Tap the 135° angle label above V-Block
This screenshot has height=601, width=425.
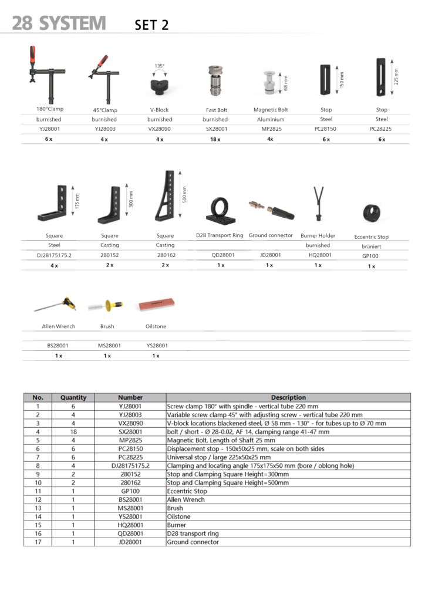pyautogui.click(x=159, y=66)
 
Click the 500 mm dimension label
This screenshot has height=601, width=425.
pyautogui.click(x=184, y=194)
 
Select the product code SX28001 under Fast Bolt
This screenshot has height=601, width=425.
pyautogui.click(x=215, y=129)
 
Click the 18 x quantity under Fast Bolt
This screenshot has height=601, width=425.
pyautogui.click(x=215, y=139)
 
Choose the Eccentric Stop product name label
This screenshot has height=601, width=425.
pyautogui.click(x=371, y=237)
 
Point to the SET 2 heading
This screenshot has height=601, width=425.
pyautogui.click(x=151, y=25)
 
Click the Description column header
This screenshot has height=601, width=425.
pyautogui.click(x=288, y=397)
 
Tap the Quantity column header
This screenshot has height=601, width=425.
pyautogui.click(x=73, y=397)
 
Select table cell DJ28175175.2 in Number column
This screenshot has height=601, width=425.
pyautogui.click(x=130, y=465)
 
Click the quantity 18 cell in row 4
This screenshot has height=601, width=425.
pyautogui.click(x=73, y=431)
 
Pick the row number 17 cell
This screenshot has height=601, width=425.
pyautogui.click(x=38, y=542)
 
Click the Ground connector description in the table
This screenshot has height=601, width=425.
pyautogui.click(x=193, y=542)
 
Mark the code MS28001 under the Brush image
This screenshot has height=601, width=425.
pyautogui.click(x=109, y=346)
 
